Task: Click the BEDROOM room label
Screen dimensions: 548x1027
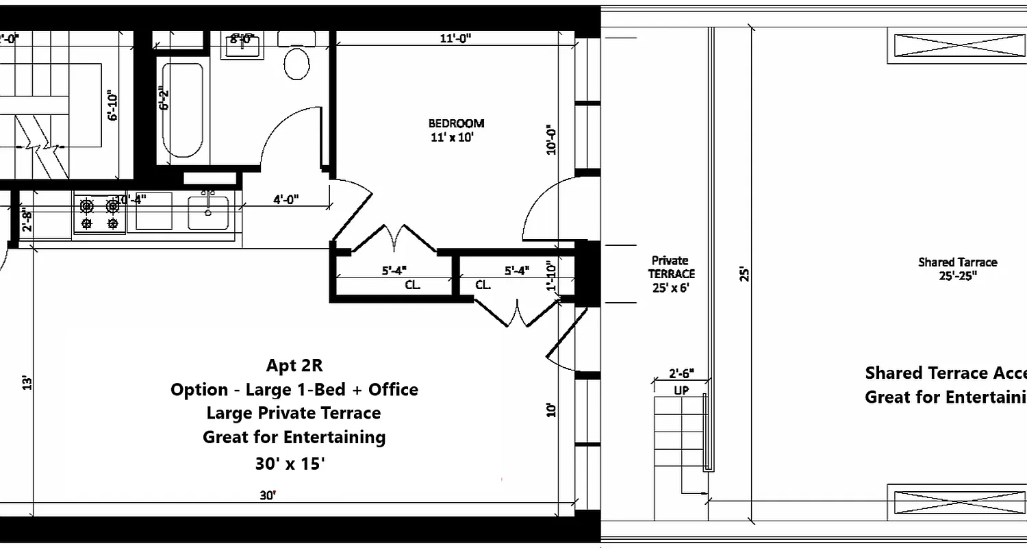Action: [456, 124]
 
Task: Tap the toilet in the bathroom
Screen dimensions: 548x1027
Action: [297, 63]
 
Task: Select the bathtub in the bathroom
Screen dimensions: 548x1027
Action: [182, 110]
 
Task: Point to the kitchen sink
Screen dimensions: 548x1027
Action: [209, 212]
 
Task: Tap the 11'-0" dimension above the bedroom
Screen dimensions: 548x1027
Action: [455, 39]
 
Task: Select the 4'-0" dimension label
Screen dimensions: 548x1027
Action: [286, 201]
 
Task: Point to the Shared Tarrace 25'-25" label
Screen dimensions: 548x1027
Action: [957, 269]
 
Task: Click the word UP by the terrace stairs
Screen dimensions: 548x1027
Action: [681, 390]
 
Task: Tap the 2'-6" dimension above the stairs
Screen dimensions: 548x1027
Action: [681, 374]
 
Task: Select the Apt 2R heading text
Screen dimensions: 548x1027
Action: [294, 366]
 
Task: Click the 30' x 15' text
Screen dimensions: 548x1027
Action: [290, 464]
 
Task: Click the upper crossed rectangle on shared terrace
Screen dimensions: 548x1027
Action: [956, 46]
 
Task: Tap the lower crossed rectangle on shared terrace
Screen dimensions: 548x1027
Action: [956, 502]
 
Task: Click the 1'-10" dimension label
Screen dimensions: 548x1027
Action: [550, 276]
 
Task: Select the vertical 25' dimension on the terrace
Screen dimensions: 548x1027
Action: [744, 274]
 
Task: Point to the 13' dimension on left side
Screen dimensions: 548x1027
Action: [26, 382]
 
